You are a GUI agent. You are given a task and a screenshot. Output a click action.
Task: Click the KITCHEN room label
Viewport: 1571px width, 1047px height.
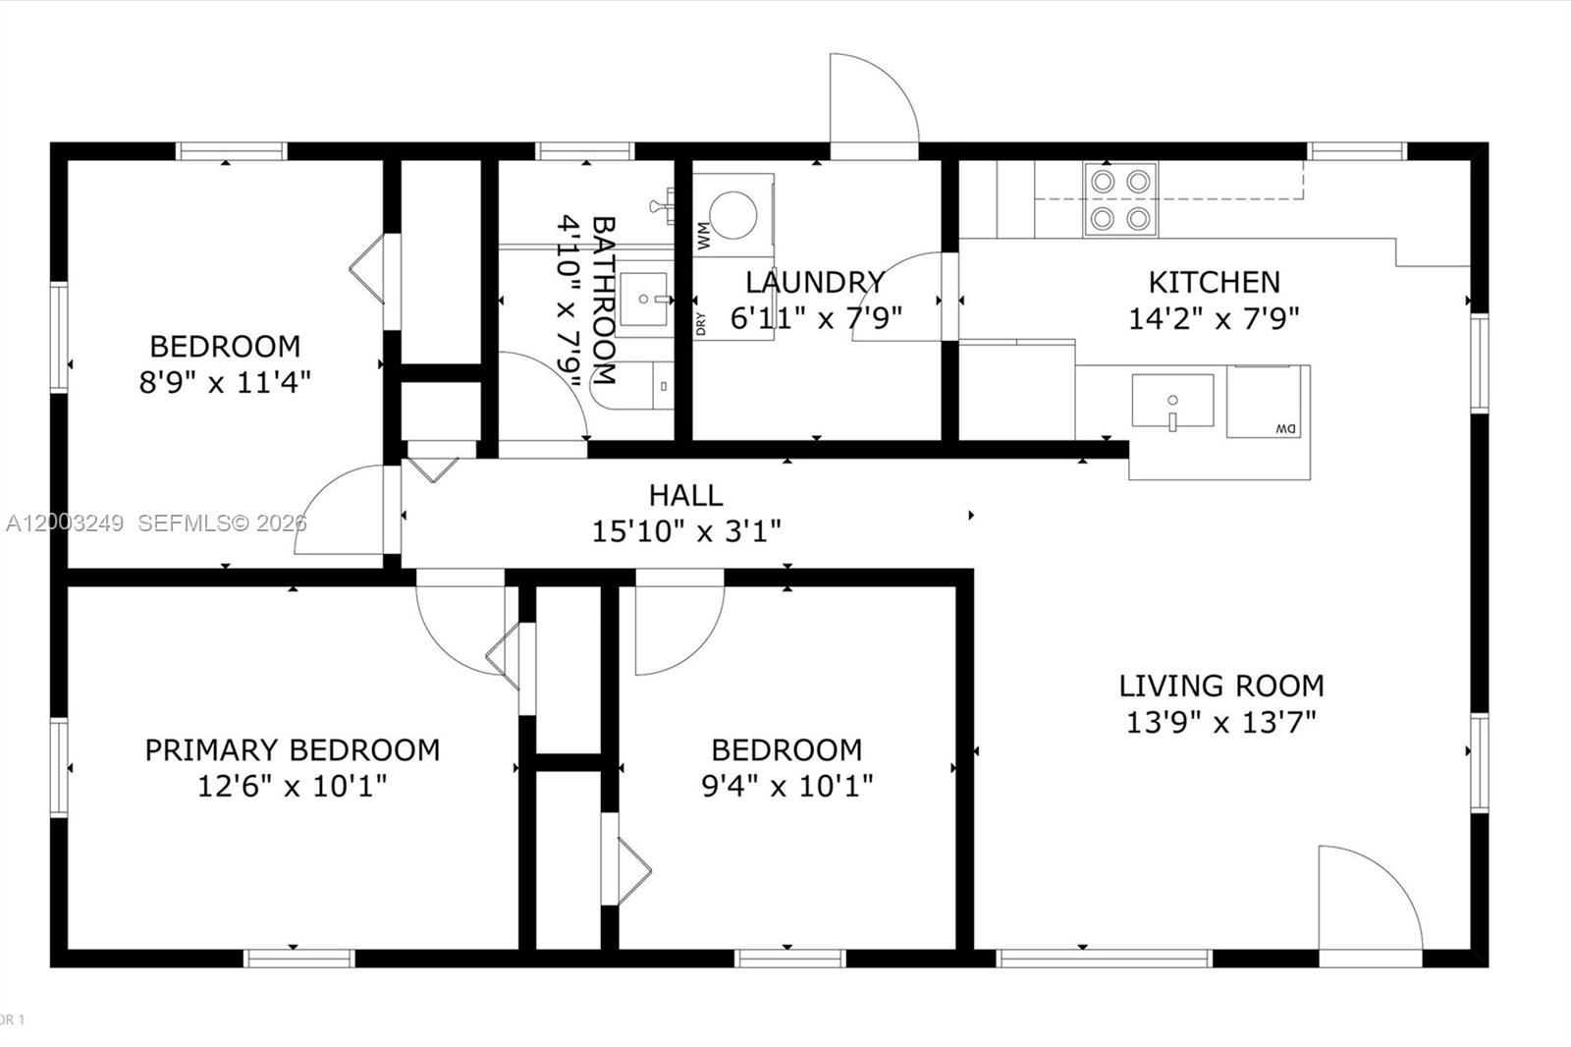[1214, 282]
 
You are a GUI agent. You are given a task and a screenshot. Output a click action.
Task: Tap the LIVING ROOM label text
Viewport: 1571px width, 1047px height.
[1220, 685]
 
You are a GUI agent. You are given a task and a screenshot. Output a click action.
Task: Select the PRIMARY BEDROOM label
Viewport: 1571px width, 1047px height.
[292, 749]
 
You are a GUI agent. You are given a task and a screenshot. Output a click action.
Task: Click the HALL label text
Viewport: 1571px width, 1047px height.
[685, 495]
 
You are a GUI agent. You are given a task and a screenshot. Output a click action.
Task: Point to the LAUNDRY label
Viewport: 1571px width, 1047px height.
[815, 282]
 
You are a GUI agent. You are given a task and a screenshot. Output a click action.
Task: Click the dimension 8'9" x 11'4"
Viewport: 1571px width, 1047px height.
[225, 382]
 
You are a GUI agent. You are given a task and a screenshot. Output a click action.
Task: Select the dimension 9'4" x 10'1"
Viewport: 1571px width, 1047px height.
[786, 786]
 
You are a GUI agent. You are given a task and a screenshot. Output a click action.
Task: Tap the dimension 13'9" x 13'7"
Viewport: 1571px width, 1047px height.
[1220, 723]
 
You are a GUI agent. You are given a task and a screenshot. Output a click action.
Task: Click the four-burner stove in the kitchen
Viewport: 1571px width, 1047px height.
[1120, 199]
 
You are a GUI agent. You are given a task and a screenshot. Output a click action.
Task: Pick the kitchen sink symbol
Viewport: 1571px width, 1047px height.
[1172, 401]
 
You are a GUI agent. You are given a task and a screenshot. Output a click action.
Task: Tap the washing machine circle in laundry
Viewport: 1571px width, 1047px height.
[732, 214]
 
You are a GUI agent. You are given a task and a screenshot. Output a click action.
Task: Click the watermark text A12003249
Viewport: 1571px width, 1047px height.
[65, 523]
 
